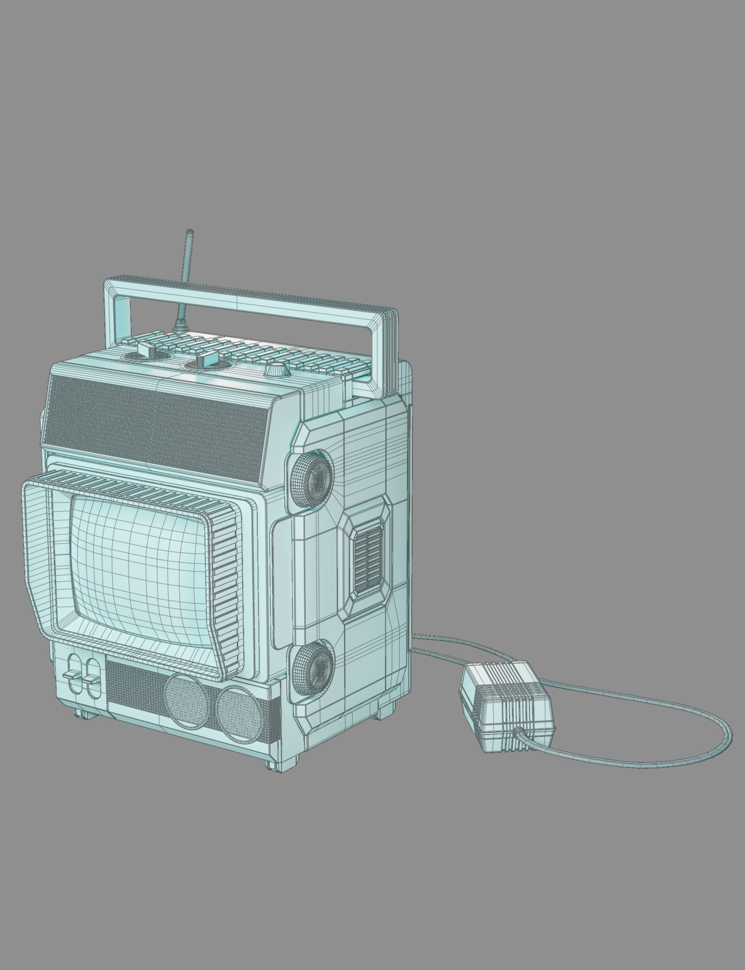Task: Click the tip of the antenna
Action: tap(190, 232)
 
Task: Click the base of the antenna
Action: tap(180, 327)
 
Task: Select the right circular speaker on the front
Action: tap(240, 714)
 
